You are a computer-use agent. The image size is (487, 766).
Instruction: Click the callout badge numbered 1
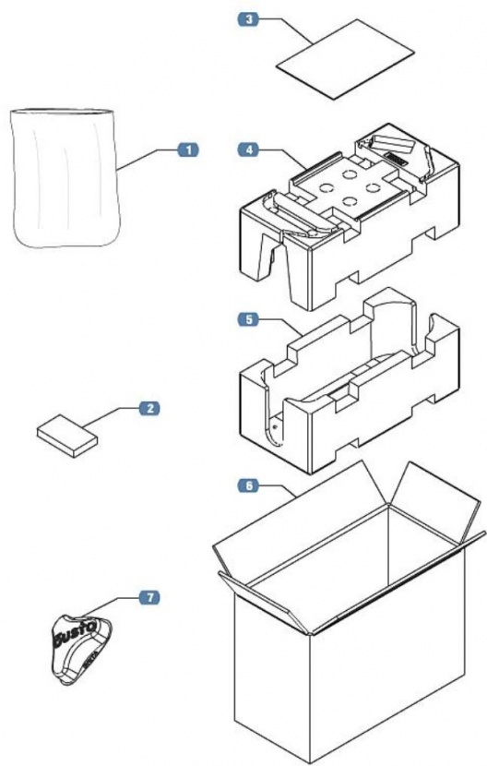[x=187, y=149]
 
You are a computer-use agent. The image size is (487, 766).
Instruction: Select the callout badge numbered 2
[x=148, y=407]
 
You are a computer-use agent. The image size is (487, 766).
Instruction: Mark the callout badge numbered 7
[x=148, y=598]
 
